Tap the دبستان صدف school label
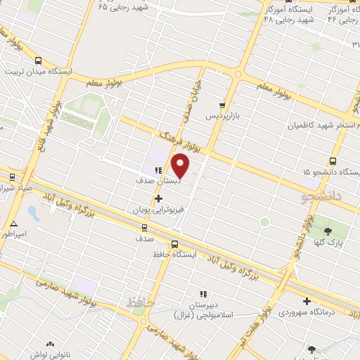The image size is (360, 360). coord(158,180)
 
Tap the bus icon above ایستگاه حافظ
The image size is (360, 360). coord(155,244)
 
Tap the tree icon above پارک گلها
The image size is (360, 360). coord(328,229)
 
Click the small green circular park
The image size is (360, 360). coord(264,222)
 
